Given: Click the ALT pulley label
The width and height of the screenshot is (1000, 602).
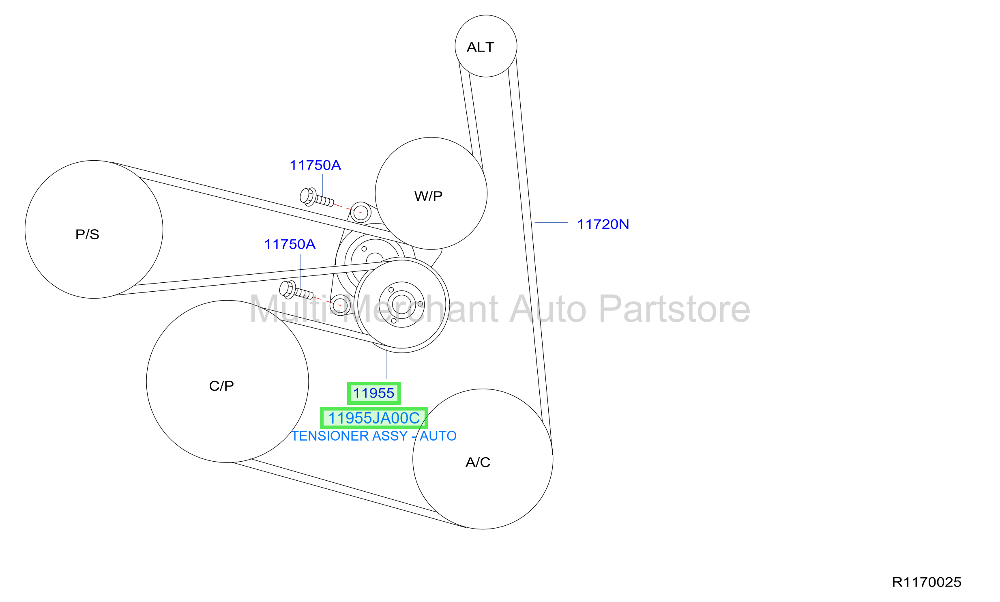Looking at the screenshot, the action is coord(480,47).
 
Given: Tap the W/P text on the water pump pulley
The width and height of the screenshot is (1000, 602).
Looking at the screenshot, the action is coord(428,196).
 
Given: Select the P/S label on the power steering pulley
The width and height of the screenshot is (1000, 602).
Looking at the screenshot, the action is coord(87,234).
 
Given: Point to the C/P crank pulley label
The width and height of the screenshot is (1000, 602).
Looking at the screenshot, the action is coord(221,386).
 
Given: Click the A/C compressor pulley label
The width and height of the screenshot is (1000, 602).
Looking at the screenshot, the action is coord(478,462).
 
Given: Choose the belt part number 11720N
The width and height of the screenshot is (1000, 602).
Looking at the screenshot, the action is coord(603,224).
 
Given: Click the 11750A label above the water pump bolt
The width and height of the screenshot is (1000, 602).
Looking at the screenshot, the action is coord(315,165).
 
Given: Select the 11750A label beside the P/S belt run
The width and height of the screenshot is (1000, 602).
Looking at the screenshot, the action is coord(290,244).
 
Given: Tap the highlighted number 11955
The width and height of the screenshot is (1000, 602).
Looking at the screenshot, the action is coord(373,393).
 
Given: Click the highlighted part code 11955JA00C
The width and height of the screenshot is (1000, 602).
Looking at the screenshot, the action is coord(374,418).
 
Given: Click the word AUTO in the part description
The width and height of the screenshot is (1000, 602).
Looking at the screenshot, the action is coord(438,436).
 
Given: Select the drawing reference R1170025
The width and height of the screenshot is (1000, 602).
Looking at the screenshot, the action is coord(927,582).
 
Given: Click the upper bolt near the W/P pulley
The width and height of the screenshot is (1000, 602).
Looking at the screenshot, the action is coord(317,198).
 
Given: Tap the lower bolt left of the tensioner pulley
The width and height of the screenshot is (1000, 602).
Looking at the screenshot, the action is coord(296,290).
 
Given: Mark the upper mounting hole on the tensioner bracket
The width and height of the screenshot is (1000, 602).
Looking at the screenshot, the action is coord(361,212).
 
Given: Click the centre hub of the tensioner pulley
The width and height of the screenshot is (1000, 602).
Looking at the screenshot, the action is coord(401,305).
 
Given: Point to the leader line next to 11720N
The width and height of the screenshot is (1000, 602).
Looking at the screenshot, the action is coord(551,223).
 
